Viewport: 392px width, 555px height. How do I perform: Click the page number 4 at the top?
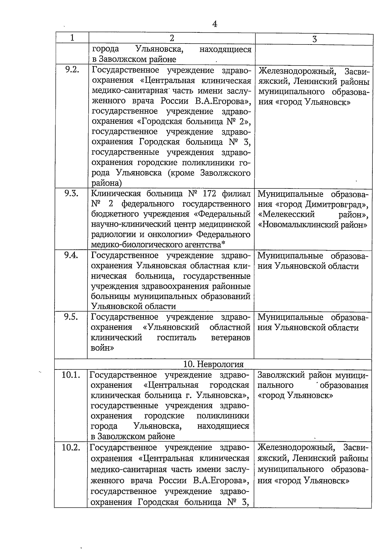coord(215,24)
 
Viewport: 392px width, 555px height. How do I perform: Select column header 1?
coord(72,38)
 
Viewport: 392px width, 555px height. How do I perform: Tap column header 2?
coord(172,38)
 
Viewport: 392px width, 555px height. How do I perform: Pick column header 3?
coord(314,39)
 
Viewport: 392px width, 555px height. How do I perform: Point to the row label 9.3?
coord(72,193)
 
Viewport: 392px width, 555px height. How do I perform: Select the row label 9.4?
coord(71,255)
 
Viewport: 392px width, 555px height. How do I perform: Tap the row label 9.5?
coord(71,317)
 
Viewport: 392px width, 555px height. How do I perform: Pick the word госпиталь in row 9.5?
coord(176,338)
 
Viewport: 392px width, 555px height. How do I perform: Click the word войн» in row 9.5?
coord(102,348)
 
